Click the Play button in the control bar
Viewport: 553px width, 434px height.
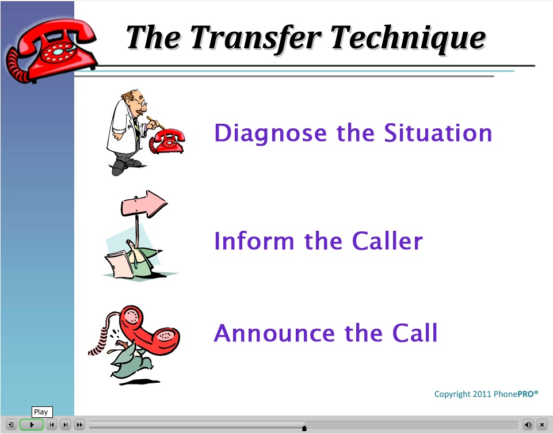click(x=32, y=425)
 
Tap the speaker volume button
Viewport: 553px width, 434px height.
click(x=528, y=425)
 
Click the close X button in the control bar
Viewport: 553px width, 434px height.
click(x=541, y=425)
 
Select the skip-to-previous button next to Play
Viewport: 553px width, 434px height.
click(x=52, y=425)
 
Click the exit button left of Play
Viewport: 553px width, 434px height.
click(x=11, y=425)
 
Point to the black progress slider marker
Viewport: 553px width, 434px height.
click(x=304, y=428)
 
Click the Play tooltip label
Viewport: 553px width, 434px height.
click(x=40, y=412)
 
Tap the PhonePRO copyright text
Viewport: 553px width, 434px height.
click(x=486, y=394)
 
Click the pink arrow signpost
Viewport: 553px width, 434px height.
click(x=144, y=204)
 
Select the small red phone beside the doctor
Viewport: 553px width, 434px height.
click(x=166, y=142)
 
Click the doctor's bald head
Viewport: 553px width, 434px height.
click(x=134, y=96)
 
